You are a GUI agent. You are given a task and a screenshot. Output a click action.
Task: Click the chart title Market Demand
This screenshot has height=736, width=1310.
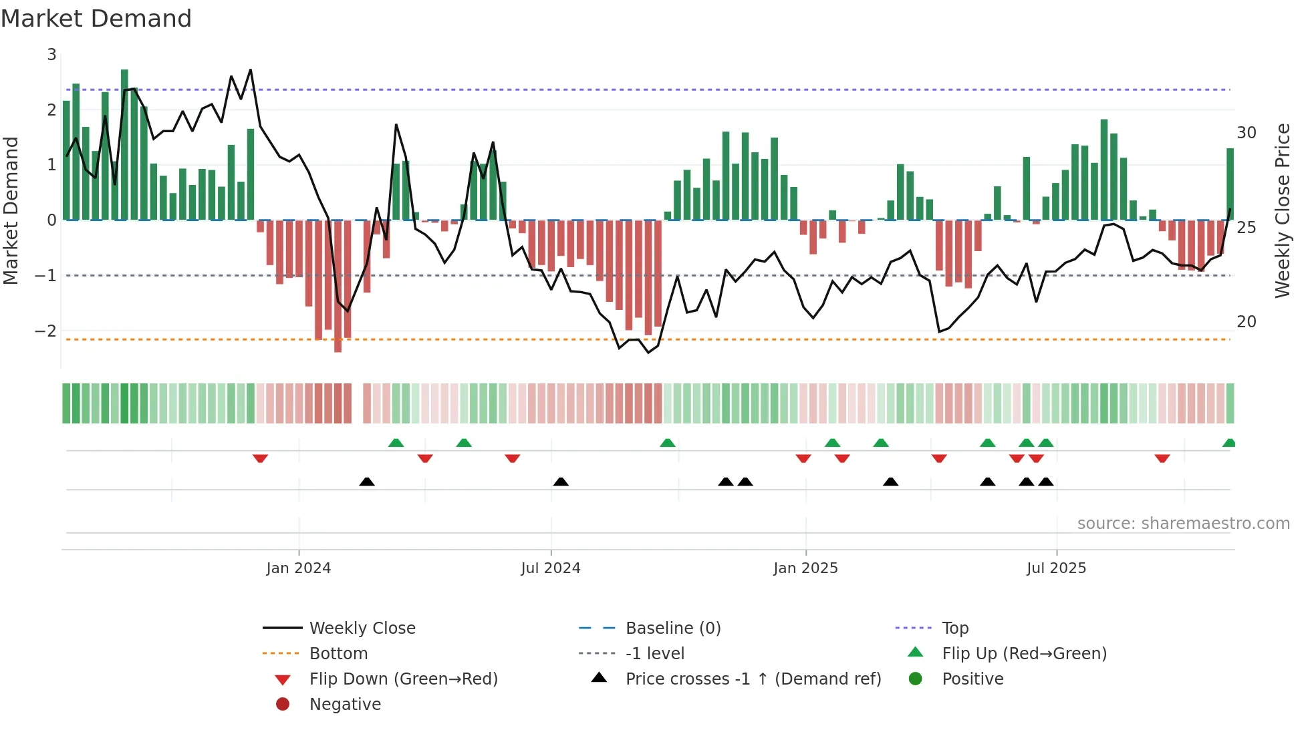96,19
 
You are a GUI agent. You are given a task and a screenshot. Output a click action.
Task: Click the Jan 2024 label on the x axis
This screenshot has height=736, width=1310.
298,568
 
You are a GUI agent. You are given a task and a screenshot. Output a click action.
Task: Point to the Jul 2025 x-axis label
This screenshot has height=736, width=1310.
1056,568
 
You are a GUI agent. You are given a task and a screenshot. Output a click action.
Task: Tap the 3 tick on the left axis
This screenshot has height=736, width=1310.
51,55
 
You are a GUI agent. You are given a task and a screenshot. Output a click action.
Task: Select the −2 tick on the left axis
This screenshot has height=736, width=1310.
45,331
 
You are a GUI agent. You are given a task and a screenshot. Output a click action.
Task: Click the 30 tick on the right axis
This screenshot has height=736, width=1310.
1246,133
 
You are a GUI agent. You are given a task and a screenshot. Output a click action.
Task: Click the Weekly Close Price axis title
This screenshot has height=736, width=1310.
1282,210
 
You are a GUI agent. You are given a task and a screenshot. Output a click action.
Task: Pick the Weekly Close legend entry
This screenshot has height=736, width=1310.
362,628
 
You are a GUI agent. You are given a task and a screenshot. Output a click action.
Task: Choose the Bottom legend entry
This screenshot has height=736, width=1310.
338,654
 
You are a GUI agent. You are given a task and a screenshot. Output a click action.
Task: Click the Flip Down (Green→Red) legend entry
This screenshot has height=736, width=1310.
403,679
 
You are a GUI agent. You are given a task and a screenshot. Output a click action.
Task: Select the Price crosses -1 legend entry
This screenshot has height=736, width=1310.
753,679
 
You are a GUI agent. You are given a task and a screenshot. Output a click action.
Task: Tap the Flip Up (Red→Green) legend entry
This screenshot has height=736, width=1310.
1024,654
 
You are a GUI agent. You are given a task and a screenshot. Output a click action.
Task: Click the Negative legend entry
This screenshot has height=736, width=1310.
345,705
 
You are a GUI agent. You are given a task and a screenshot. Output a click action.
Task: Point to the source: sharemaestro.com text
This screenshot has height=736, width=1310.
1183,524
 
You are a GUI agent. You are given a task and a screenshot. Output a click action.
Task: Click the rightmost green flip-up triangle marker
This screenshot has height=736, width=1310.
1228,443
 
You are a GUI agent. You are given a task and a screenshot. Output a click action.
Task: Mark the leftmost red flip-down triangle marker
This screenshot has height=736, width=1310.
260,458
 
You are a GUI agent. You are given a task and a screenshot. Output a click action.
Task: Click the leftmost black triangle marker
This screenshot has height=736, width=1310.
366,482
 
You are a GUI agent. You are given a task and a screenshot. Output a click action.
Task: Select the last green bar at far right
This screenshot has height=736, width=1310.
1230,184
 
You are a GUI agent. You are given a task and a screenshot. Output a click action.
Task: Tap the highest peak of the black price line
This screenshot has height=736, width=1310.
251,70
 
